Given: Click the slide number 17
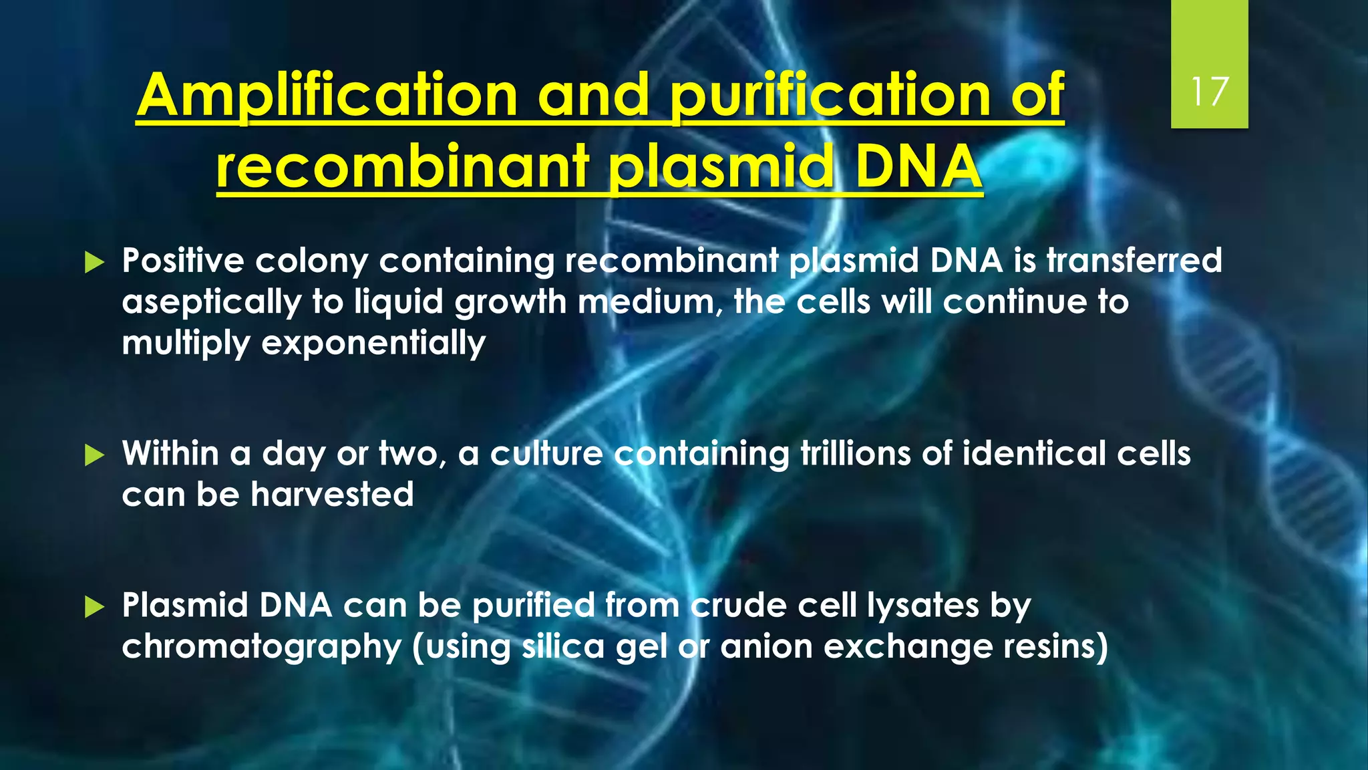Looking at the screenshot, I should [x=1210, y=92].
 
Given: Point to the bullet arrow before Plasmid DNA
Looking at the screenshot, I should [x=95, y=608].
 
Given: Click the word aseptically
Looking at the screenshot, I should [x=212, y=303].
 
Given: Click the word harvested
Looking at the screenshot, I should [x=332, y=495].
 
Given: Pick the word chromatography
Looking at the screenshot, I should [x=261, y=648].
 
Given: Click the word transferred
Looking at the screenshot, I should [x=1134, y=261].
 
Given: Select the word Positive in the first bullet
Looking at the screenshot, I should [x=182, y=261].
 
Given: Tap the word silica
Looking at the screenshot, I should [x=562, y=647].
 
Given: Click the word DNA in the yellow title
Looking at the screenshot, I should [x=918, y=167].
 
